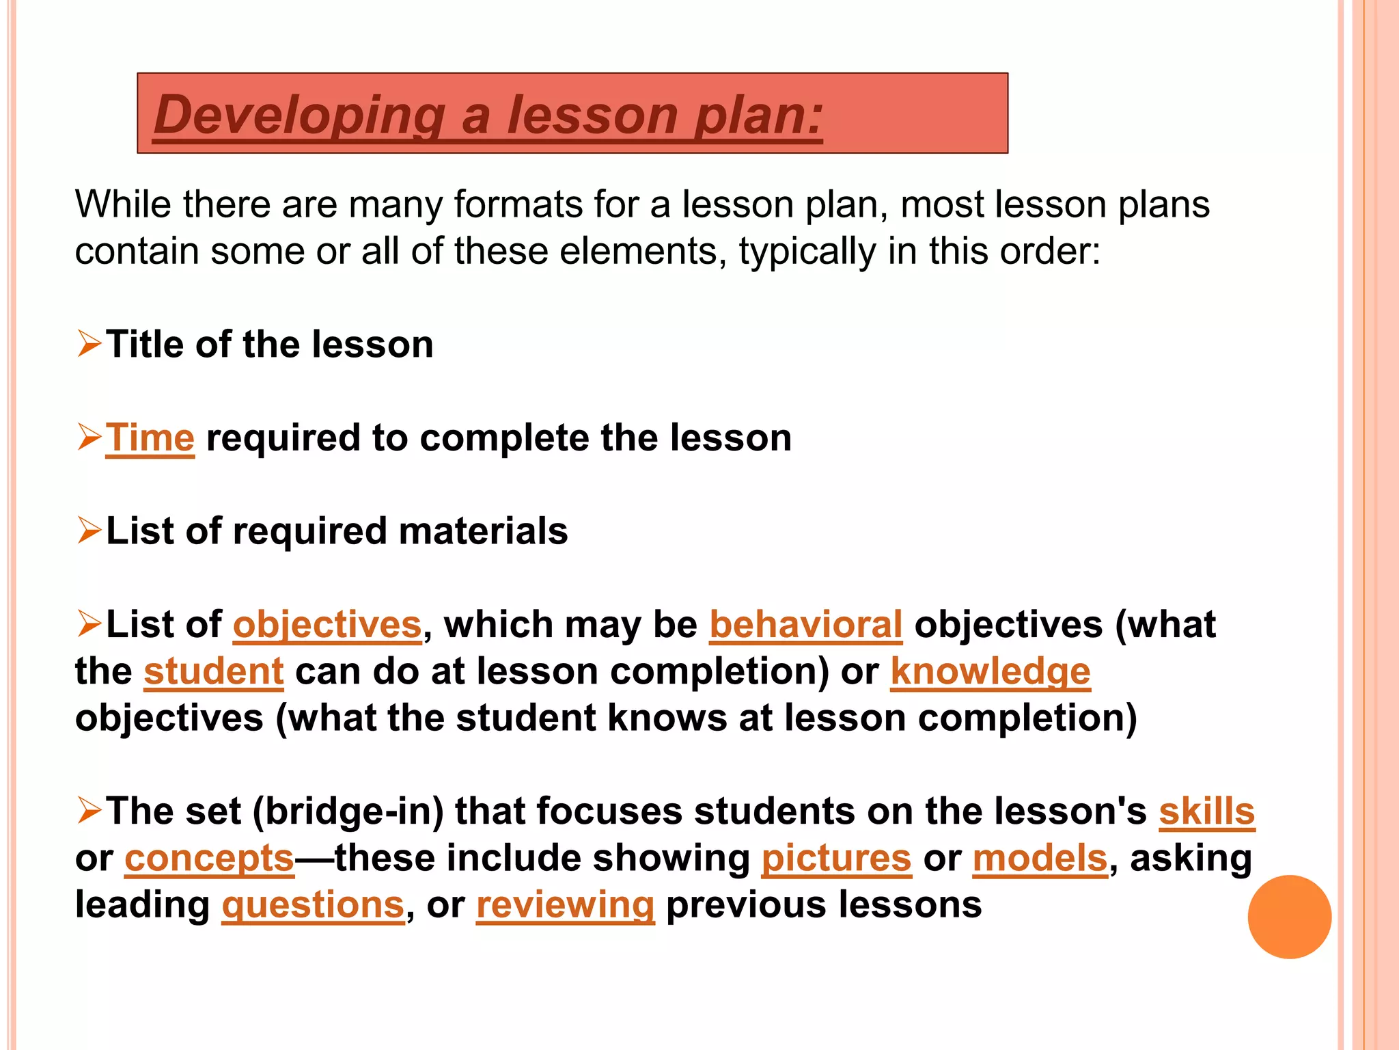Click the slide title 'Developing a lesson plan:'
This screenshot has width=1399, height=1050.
tap(488, 114)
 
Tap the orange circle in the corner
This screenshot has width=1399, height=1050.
tap(1289, 917)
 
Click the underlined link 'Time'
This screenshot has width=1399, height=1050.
tap(150, 437)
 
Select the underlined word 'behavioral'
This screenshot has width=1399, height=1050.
tap(806, 624)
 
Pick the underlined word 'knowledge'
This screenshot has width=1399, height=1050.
tap(991, 671)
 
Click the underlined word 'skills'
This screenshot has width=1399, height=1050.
tap(1207, 811)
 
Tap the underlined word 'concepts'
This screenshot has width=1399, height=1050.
tap(209, 858)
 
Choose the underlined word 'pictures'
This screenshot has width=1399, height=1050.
tap(837, 858)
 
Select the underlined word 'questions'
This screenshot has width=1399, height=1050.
tap(314, 905)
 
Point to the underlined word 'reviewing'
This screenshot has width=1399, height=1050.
tap(566, 905)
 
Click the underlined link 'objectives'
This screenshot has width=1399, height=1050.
tap(328, 624)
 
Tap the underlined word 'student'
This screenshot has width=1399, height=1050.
tap(214, 671)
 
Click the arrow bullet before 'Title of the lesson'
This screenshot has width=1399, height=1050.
tap(89, 343)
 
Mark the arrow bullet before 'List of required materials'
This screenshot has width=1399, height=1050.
tap(89, 530)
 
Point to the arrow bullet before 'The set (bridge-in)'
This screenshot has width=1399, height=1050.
tap(89, 811)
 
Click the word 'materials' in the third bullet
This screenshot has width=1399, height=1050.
tap(483, 531)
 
